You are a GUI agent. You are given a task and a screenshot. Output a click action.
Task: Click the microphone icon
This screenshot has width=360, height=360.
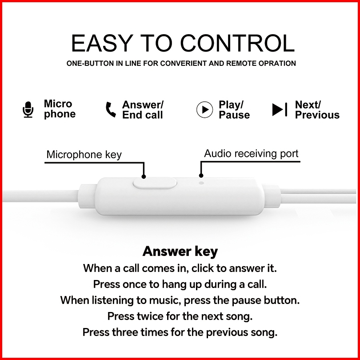coord(28,109)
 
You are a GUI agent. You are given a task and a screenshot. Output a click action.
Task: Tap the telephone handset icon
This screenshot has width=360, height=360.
coord(110,109)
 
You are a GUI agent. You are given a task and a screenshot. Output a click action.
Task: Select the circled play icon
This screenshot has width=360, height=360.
coord(204,109)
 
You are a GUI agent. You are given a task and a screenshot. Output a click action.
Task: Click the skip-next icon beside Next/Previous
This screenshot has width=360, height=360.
coord(280,109)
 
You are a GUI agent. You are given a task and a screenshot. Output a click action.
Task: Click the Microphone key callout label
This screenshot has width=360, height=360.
coord(84,155)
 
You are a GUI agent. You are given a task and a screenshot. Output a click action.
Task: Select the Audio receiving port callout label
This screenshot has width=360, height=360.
coord(251,154)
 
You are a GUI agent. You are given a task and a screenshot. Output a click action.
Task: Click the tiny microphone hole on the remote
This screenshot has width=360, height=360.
coord(202,182)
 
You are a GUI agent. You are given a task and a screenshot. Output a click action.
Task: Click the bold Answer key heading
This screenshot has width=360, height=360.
coord(180,252)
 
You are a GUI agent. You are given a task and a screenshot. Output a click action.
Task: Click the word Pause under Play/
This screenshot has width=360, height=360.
coord(234,115)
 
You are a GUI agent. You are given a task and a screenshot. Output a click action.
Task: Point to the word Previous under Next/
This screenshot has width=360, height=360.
coord(317,115)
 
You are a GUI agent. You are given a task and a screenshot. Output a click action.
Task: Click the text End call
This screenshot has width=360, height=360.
coord(143,115)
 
